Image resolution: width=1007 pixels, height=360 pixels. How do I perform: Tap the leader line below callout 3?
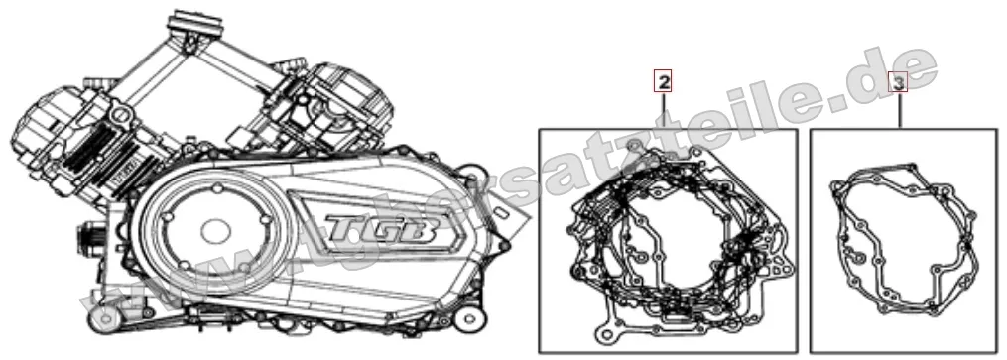(900, 112)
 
